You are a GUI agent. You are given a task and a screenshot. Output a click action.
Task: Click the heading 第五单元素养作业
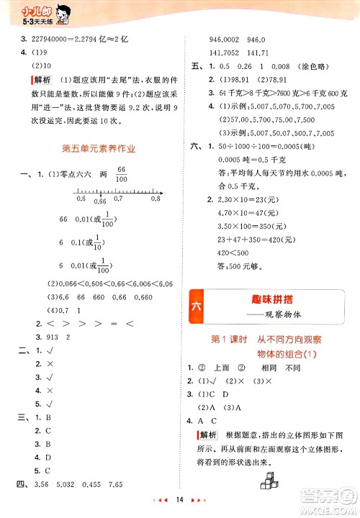tap(99, 150)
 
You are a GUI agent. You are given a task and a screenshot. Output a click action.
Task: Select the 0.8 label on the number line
tap(155, 199)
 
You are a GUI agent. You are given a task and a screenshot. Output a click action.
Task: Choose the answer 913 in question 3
tap(49, 338)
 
